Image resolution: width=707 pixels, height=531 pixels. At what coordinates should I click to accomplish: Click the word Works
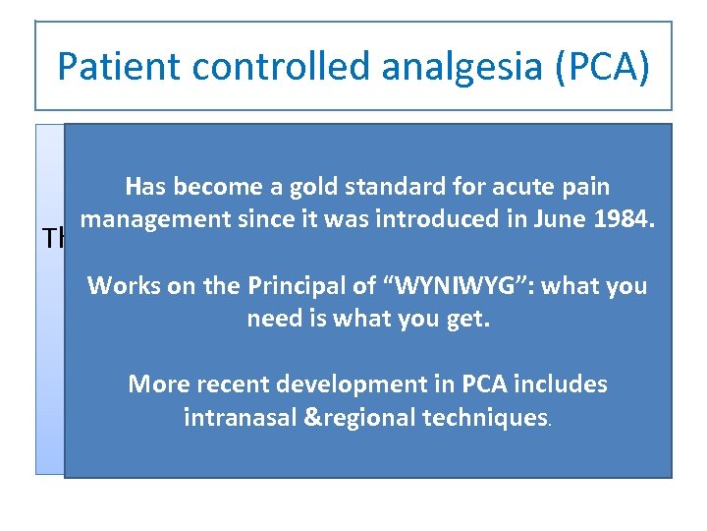117,286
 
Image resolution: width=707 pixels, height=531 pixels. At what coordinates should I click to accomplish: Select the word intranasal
240,417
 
